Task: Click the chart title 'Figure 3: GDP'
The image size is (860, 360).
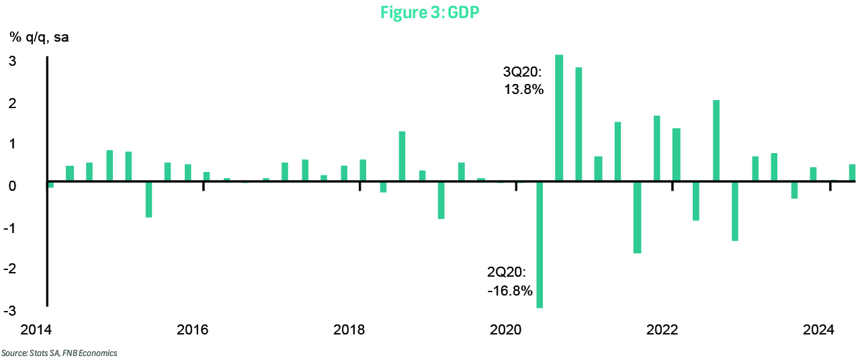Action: point(430,12)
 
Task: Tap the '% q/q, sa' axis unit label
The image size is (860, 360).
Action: point(39,37)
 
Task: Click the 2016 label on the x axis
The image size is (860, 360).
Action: point(192,330)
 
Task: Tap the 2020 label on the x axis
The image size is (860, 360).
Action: point(506,330)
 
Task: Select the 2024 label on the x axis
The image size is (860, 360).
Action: point(819,330)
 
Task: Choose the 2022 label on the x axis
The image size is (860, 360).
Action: point(662,330)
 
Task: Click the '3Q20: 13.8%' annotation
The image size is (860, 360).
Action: point(523,81)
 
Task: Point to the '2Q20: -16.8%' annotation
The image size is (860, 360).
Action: point(510,281)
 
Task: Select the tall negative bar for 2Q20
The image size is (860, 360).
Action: point(540,244)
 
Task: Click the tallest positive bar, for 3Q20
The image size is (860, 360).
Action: point(559,118)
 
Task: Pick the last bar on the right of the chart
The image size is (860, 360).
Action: point(852,173)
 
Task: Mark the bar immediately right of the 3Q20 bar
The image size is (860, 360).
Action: point(578,124)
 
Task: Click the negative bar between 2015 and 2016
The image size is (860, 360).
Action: point(148,199)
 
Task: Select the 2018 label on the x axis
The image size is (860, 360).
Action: point(349,330)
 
